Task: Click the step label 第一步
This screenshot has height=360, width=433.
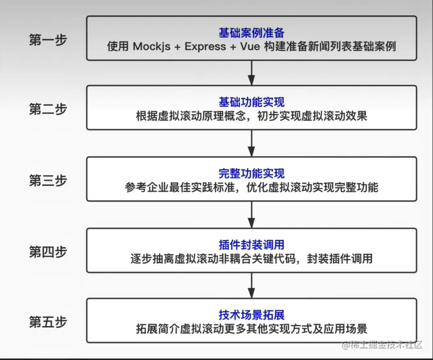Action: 48,39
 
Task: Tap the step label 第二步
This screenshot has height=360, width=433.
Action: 48,109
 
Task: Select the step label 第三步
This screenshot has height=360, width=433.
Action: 48,180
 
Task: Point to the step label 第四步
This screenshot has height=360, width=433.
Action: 48,251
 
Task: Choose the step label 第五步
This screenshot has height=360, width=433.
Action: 48,321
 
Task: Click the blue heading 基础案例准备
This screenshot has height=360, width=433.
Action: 251,32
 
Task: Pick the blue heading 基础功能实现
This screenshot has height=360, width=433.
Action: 251,102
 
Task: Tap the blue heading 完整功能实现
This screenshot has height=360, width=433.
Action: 251,173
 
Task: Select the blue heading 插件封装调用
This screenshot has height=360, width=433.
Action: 251,244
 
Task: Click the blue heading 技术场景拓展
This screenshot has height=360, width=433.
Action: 251,315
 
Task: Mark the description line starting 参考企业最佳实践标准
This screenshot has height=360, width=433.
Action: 251,188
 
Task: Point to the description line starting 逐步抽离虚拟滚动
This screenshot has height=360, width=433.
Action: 251,259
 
